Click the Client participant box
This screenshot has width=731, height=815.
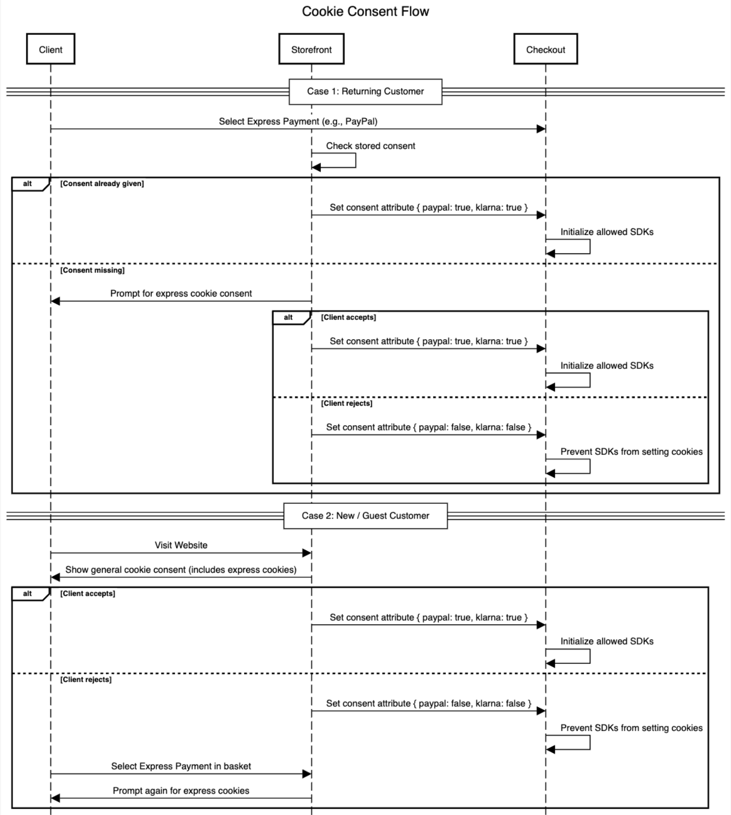click(51, 49)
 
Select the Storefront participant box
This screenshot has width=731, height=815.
click(311, 49)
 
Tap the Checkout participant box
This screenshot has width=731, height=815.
click(545, 49)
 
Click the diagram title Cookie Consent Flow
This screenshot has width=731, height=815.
click(365, 11)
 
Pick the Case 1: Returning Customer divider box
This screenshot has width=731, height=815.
click(365, 92)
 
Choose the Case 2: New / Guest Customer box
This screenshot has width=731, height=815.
click(365, 516)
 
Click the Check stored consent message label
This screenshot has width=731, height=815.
click(370, 146)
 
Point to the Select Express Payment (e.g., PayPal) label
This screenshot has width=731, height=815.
click(298, 121)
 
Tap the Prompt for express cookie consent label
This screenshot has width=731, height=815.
click(181, 293)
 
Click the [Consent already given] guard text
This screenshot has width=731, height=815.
click(102, 183)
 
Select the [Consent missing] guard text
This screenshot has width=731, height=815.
click(92, 270)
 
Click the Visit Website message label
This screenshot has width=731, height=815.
click(181, 545)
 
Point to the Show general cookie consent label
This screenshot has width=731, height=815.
click(181, 570)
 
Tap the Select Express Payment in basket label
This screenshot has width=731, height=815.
click(181, 766)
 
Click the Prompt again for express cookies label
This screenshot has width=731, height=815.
click(181, 791)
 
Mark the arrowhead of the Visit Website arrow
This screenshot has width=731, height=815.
click(307, 553)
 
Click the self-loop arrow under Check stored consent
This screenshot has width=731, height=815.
click(355, 160)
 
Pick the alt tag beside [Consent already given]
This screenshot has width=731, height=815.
click(28, 183)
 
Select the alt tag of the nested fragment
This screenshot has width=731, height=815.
click(288, 317)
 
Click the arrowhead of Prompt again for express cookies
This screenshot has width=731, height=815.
click(56, 798)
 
